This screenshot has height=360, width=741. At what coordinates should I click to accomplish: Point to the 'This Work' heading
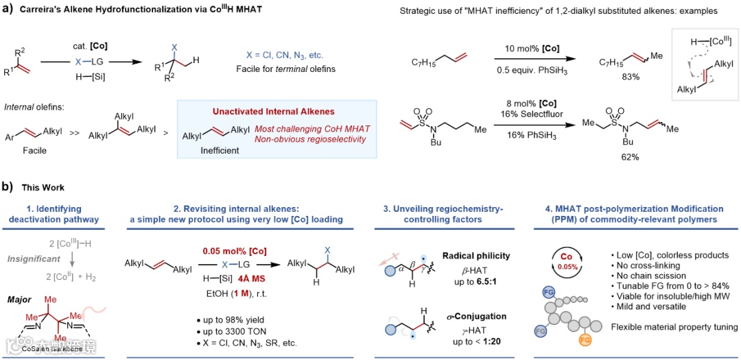[x=44, y=187]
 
